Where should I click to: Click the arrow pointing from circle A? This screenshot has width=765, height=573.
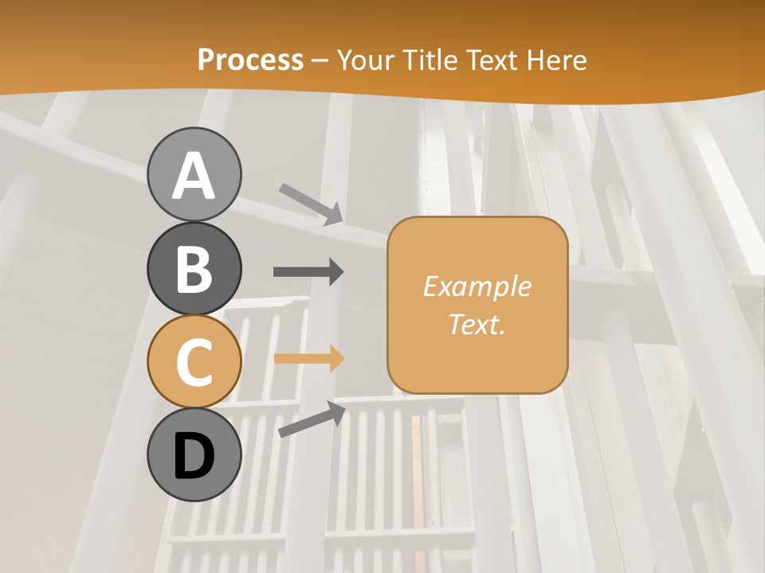click(312, 204)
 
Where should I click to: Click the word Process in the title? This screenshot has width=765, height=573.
click(250, 60)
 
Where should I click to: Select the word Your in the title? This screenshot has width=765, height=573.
click(365, 60)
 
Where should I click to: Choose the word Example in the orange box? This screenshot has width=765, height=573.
click(477, 286)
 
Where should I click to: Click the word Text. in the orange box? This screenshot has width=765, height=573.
click(477, 324)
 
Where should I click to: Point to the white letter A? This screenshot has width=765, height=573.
click(194, 177)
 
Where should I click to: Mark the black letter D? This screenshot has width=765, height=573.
click(194, 457)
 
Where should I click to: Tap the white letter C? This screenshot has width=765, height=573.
click(194, 364)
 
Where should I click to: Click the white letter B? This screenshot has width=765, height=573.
click(194, 270)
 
